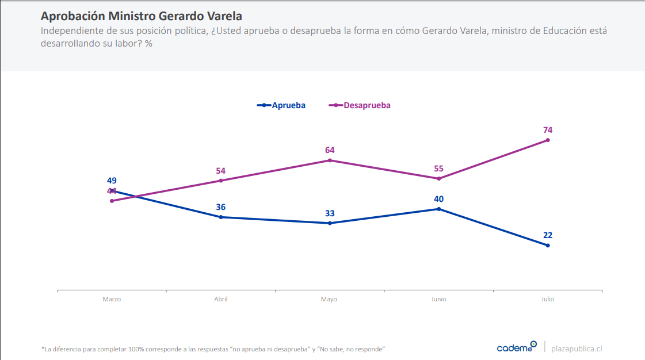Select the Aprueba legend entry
282,105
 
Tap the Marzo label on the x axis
112,300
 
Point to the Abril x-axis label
220,300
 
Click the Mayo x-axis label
329,300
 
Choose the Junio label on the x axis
438,300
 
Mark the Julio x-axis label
547,300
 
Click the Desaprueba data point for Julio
548,140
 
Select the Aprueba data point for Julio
548,246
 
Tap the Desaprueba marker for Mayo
330,160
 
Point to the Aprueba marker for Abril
221,217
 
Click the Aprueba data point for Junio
439,209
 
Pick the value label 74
548,130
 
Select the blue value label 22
548,235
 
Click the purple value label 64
330,150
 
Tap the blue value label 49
112,181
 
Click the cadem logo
516,347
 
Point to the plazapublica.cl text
577,348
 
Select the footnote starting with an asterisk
213,349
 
